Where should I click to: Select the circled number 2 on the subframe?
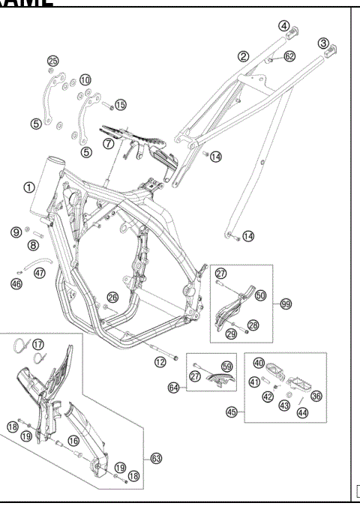coord(243,55)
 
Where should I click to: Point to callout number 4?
coord(284,25)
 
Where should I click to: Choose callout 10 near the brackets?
coord(85,79)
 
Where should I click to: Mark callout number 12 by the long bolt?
coord(160,362)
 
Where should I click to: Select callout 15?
coord(120,104)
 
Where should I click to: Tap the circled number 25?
coord(52,61)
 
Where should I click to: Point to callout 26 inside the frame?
coord(112,298)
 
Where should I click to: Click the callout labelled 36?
coord(316,397)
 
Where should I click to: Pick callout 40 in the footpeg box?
coord(259,364)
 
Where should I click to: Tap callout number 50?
coord(260,296)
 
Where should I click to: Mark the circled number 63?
coord(155,457)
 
